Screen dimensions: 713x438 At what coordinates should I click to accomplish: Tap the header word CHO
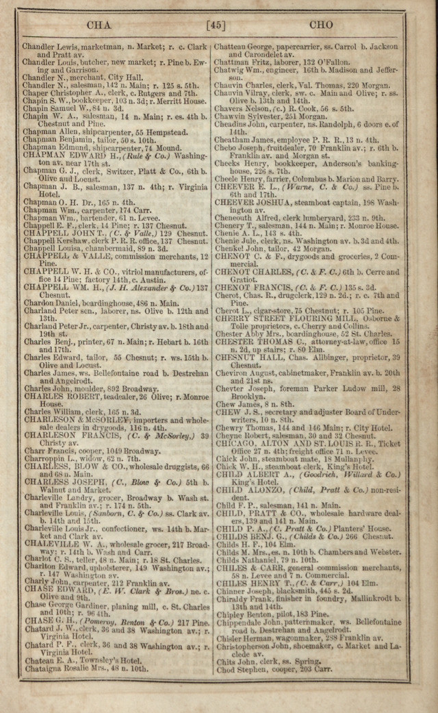click(x=321, y=25)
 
